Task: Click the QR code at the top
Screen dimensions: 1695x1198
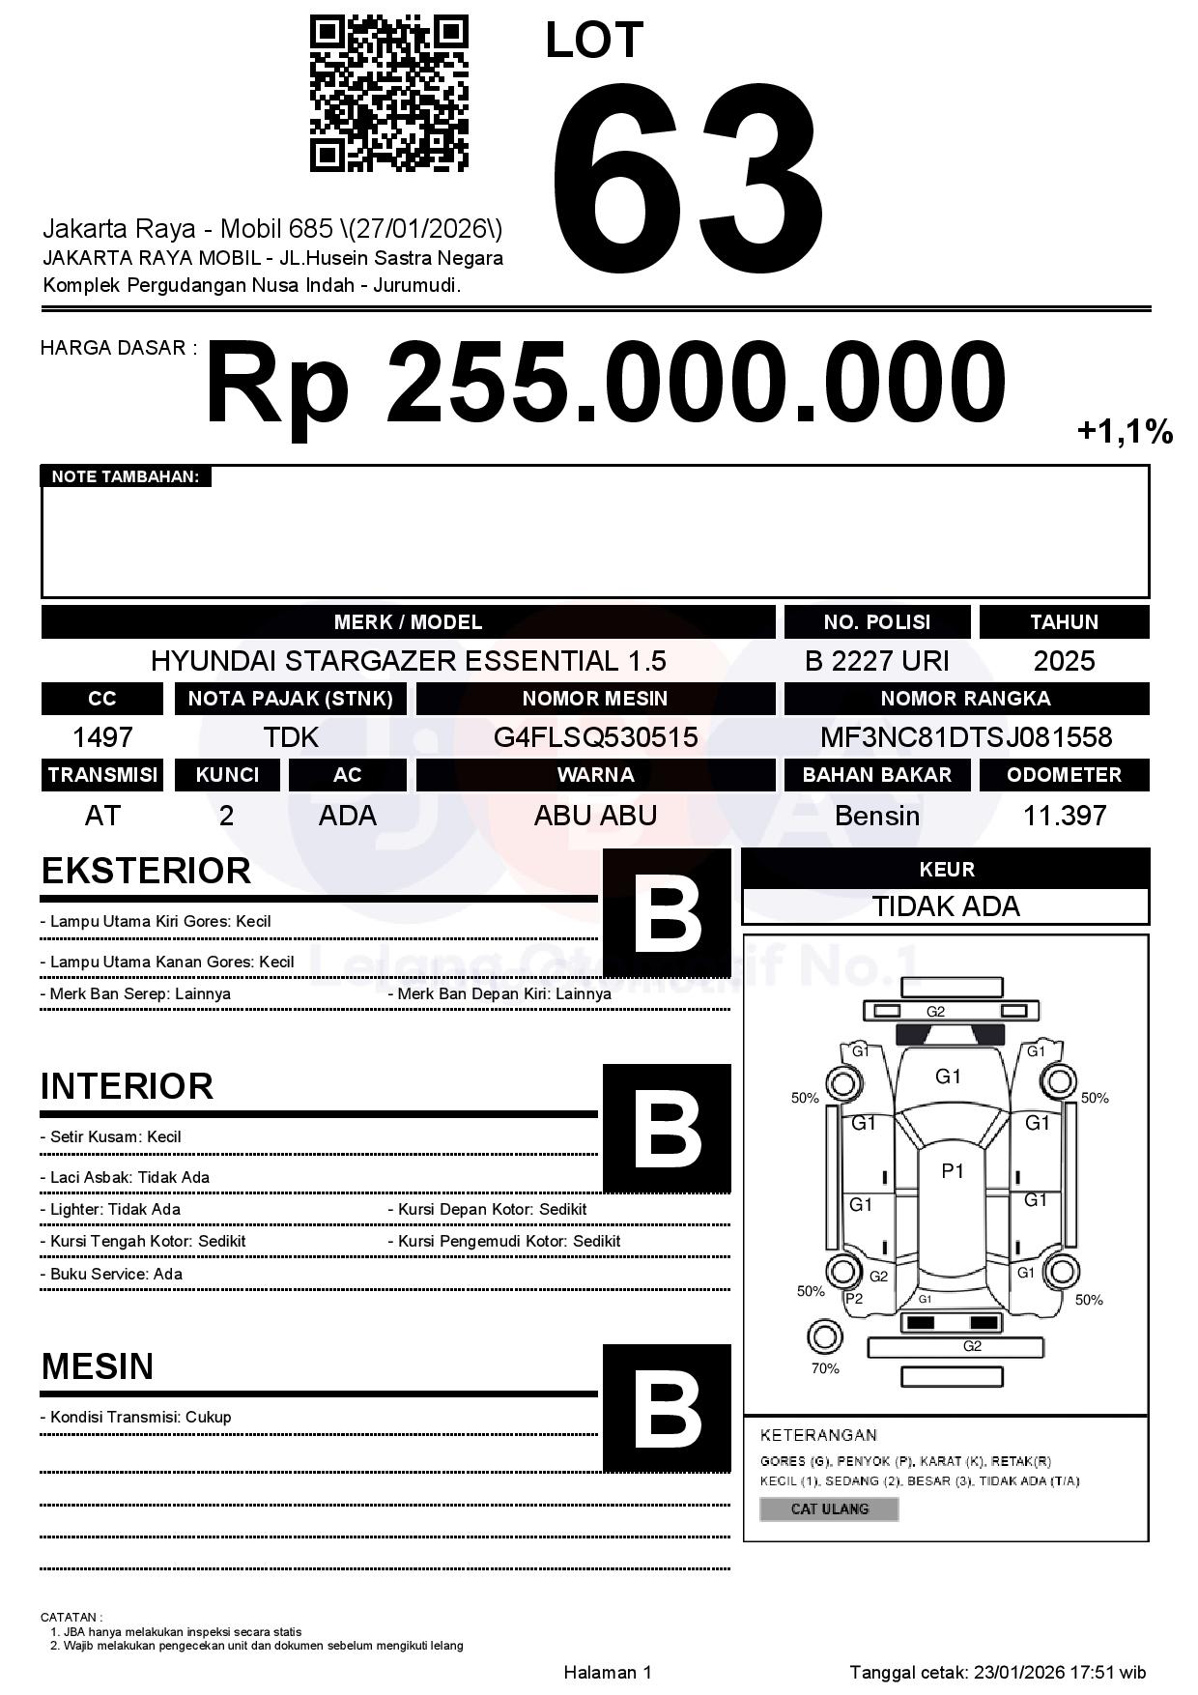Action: pyautogui.click(x=388, y=94)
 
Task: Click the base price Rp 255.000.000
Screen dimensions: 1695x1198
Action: pyautogui.click(x=606, y=384)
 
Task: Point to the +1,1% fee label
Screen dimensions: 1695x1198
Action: pyautogui.click(x=1125, y=431)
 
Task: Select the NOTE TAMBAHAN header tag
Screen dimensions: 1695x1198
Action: pyautogui.click(x=126, y=476)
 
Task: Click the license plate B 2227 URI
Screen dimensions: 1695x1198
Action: pyautogui.click(x=876, y=661)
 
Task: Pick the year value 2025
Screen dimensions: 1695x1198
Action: pyautogui.click(x=1064, y=661)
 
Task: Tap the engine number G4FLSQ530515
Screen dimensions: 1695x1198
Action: pyautogui.click(x=595, y=737)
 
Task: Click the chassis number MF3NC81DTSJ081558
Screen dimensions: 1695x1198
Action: pyautogui.click(x=966, y=737)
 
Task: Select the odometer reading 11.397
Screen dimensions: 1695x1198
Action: pyautogui.click(x=1064, y=816)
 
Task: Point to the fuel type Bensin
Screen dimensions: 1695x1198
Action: pyautogui.click(x=876, y=816)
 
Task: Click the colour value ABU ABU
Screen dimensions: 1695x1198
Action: pyautogui.click(x=595, y=816)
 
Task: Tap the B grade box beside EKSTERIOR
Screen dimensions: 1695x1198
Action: pyautogui.click(x=667, y=913)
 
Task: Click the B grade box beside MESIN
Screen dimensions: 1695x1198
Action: pyautogui.click(x=667, y=1408)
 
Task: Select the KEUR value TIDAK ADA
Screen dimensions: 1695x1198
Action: pyautogui.click(x=946, y=906)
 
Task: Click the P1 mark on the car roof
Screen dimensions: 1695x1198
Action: pyautogui.click(x=953, y=1171)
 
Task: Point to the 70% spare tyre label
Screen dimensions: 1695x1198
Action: pyautogui.click(x=825, y=1368)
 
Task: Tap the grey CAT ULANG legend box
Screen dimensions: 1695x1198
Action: pyautogui.click(x=829, y=1508)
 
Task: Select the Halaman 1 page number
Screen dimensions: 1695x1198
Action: pyautogui.click(x=608, y=1672)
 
